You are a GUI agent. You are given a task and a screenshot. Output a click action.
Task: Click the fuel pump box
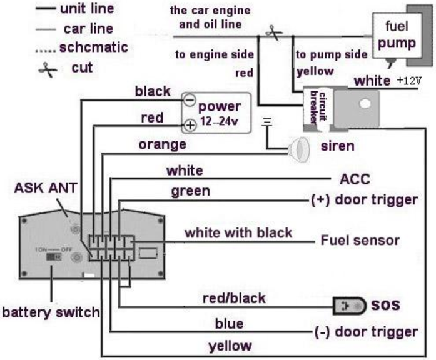tap(397, 36)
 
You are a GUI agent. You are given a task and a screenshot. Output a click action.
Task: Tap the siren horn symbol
tap(300, 150)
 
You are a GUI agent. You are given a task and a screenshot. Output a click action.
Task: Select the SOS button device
tap(350, 306)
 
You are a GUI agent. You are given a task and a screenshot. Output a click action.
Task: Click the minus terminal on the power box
tap(190, 99)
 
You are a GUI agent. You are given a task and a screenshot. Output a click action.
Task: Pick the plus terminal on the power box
tap(190, 125)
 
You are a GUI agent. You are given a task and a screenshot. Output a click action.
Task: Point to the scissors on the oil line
tap(273, 32)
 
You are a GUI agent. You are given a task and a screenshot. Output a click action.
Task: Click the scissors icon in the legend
tap(48, 70)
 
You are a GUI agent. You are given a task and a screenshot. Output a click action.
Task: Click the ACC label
tap(355, 179)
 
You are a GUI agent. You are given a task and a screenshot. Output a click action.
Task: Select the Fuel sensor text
tap(360, 240)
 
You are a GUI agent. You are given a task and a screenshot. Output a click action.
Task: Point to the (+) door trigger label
tap(365, 200)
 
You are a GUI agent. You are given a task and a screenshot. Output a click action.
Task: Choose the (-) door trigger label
tap(366, 332)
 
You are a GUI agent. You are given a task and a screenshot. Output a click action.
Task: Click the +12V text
tap(409, 81)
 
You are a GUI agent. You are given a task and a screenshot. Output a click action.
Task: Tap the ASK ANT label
tap(46, 188)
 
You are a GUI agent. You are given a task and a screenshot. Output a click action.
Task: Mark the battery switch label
tap(51, 312)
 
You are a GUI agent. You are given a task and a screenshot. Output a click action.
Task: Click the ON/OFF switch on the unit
tap(54, 257)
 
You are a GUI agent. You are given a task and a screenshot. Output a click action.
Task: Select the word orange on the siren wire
tap(163, 145)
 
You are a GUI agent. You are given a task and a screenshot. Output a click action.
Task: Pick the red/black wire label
tap(234, 299)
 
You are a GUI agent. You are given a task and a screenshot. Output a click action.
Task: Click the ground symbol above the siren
tap(267, 122)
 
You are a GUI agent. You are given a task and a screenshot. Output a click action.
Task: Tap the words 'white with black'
tap(238, 232)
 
